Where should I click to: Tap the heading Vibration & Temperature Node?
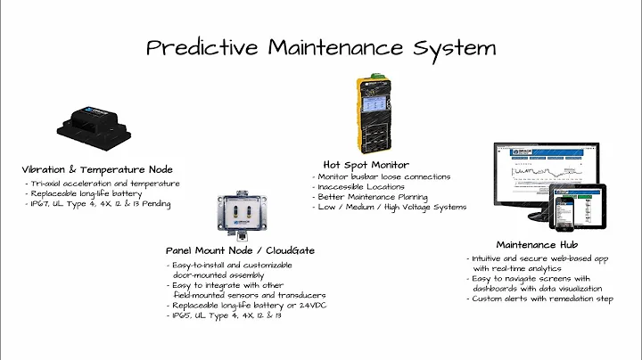97,169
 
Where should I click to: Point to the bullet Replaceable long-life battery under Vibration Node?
85,192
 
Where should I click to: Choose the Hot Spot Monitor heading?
366,164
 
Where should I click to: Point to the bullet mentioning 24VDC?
241,305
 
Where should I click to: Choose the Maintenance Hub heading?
537,244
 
